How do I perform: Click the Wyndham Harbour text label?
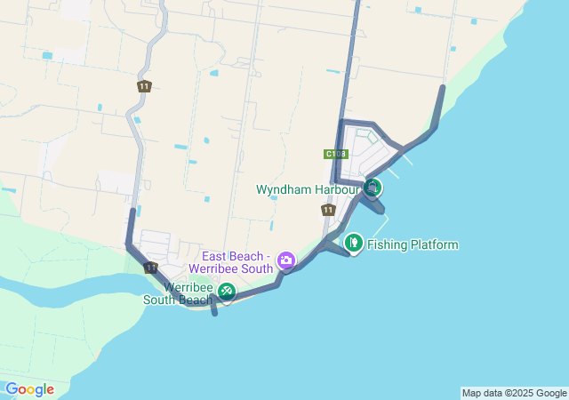(x=306, y=189)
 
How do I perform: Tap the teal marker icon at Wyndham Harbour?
(x=373, y=188)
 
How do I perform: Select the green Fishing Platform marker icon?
(x=353, y=242)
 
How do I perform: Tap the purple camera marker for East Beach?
(x=286, y=260)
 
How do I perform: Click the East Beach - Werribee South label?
(x=231, y=261)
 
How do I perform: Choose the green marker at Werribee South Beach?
(x=227, y=291)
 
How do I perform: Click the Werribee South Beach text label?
(x=178, y=294)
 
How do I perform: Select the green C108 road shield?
(x=335, y=154)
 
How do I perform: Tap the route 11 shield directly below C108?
(x=328, y=210)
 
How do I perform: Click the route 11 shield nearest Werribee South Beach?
(x=150, y=268)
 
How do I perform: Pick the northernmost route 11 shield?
(x=144, y=86)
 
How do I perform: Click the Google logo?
(x=29, y=389)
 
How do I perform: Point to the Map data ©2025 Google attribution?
(x=514, y=393)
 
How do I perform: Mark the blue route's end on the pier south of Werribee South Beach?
(x=214, y=313)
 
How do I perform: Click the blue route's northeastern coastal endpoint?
(x=443, y=87)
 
